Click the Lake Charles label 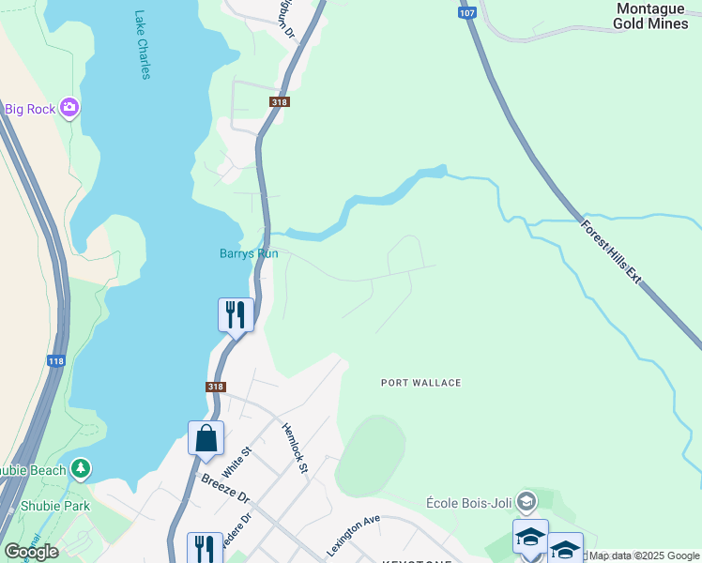(x=142, y=45)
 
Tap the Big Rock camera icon (x=69, y=109)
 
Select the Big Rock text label (x=29, y=109)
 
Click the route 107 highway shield (x=466, y=13)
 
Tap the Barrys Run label (x=249, y=253)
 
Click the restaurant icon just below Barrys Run (x=236, y=313)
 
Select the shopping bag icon (x=206, y=438)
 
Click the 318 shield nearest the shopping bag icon (x=214, y=387)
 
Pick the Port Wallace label (x=420, y=383)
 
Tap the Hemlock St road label (x=295, y=448)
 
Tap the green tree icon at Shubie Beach (x=82, y=467)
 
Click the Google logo (x=32, y=552)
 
